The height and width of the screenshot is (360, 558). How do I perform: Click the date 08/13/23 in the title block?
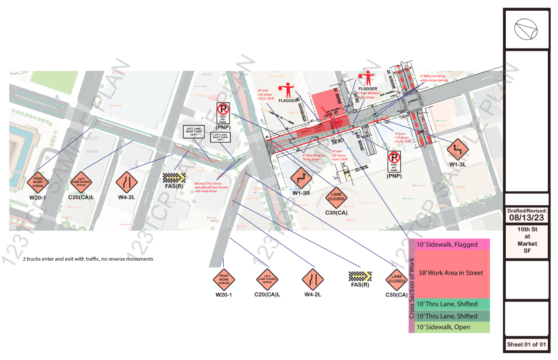(x=527, y=218)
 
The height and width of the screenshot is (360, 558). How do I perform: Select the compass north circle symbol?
(x=526, y=29)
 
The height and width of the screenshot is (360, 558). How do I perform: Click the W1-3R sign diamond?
(x=301, y=177)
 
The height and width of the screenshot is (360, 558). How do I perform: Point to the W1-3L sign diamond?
(x=457, y=149)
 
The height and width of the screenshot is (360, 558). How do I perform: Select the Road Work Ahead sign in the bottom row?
(x=224, y=279)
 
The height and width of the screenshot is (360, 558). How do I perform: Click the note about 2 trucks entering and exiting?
(x=88, y=259)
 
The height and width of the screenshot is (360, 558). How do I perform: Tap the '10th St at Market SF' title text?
(x=527, y=240)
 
